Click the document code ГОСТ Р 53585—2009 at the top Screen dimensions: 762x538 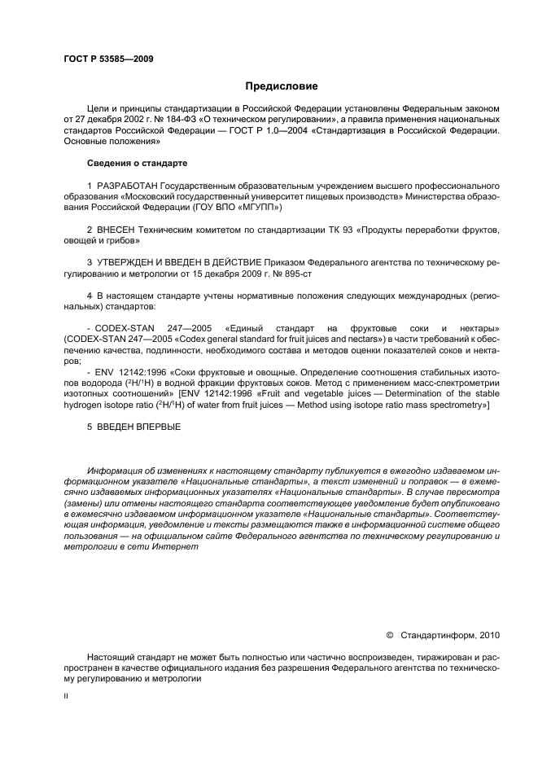(108, 59)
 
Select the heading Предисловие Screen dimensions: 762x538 (282, 85)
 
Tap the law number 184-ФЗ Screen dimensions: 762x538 (174, 118)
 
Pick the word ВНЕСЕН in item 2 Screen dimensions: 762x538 (119, 230)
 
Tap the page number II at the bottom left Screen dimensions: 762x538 (67, 696)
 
